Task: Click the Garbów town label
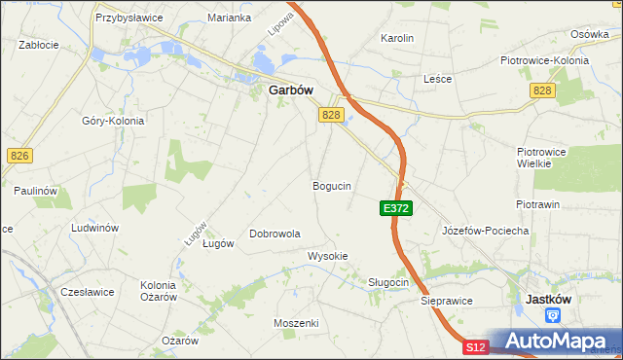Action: pyautogui.click(x=290, y=90)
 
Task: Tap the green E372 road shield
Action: pyautogui.click(x=396, y=208)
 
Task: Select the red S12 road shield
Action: pyautogui.click(x=474, y=347)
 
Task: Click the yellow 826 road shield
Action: pyautogui.click(x=18, y=155)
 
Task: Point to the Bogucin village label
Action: pyautogui.click(x=332, y=185)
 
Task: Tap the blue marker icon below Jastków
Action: pyautogui.click(x=553, y=315)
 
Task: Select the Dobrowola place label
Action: pyautogui.click(x=275, y=234)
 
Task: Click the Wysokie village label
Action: pyautogui.click(x=328, y=256)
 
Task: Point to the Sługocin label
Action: pyautogui.click(x=388, y=282)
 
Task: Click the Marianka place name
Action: pyautogui.click(x=230, y=18)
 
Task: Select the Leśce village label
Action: pyautogui.click(x=437, y=79)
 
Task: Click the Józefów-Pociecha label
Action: pyautogui.click(x=485, y=231)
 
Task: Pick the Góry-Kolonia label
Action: pyautogui.click(x=113, y=121)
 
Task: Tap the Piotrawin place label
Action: pyautogui.click(x=537, y=204)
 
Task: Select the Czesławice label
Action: pyautogui.click(x=88, y=291)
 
